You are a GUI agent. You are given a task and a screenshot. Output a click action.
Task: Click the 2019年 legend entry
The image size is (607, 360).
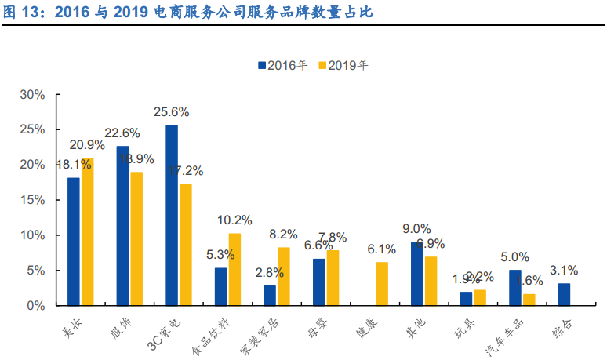coord(343,66)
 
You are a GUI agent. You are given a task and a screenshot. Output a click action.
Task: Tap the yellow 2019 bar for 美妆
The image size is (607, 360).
coord(87,231)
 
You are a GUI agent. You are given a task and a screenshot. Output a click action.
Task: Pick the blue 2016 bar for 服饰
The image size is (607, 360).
coord(122,225)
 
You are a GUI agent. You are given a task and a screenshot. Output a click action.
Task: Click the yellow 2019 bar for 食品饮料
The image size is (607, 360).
coord(234,269)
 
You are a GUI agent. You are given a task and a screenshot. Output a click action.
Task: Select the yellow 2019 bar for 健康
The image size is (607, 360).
coord(382,283)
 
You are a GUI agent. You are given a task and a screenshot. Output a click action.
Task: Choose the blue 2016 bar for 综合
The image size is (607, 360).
coord(564,294)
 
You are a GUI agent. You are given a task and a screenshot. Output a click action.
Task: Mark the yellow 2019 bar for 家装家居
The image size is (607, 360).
coord(284,276)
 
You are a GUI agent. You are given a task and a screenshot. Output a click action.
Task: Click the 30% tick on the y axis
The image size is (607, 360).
coord(32,95)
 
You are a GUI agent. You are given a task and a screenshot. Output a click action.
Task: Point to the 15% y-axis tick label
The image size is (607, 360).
coord(32,200)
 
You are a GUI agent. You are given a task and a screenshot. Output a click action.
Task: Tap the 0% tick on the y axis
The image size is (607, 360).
coord(36,305)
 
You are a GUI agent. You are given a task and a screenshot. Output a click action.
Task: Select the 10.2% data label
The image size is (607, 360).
coord(235,220)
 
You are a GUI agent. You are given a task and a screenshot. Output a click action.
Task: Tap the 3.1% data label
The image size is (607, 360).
coord(564,271)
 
